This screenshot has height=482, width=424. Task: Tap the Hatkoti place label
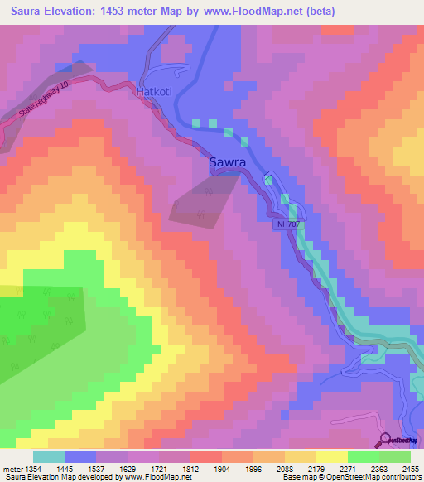click(x=154, y=94)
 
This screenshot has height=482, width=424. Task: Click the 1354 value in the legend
click(x=31, y=468)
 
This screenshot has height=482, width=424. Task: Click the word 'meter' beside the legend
click(x=10, y=468)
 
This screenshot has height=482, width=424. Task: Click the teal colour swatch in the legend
click(x=48, y=456)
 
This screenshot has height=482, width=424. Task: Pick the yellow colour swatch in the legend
click(x=331, y=456)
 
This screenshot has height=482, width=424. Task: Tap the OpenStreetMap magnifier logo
click(x=384, y=440)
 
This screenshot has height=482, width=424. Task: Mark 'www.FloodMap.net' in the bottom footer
click(x=162, y=478)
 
